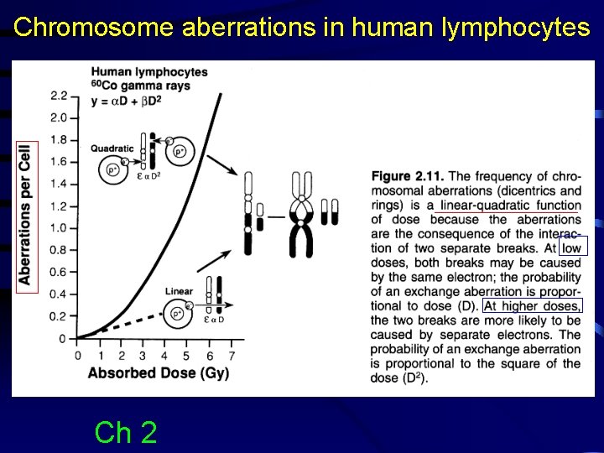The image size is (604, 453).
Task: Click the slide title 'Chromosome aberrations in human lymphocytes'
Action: (x=302, y=27)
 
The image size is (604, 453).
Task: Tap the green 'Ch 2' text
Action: (x=126, y=432)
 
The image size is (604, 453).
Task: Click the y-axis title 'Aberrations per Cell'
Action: (x=25, y=216)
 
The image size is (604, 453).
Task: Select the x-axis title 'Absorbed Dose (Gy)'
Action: (x=159, y=372)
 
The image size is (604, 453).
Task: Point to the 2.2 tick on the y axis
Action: (x=59, y=95)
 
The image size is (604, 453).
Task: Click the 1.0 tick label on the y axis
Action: (x=59, y=227)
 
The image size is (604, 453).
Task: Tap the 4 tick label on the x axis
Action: (x=164, y=355)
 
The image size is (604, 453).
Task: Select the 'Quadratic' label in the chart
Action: (x=112, y=148)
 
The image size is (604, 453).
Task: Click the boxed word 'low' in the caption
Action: (x=571, y=247)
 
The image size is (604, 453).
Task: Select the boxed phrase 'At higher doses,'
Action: (x=532, y=305)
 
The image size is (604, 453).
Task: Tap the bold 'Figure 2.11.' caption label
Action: (x=408, y=176)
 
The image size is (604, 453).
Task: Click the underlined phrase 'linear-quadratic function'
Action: (x=510, y=206)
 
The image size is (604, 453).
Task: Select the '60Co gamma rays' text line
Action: (x=140, y=86)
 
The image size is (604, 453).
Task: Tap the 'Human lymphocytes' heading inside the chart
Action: (x=148, y=72)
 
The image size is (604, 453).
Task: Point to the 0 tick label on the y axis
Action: (x=63, y=338)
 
